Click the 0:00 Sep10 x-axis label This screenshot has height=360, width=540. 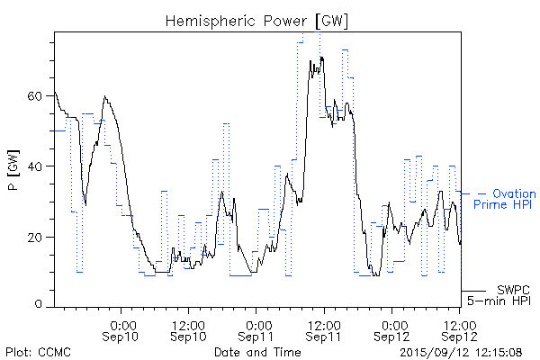pos(122,330)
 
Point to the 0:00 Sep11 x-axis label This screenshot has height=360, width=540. pos(257,330)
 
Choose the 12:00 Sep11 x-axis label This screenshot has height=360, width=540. pos(323,330)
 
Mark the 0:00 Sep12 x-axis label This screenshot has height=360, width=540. pos(392,330)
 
